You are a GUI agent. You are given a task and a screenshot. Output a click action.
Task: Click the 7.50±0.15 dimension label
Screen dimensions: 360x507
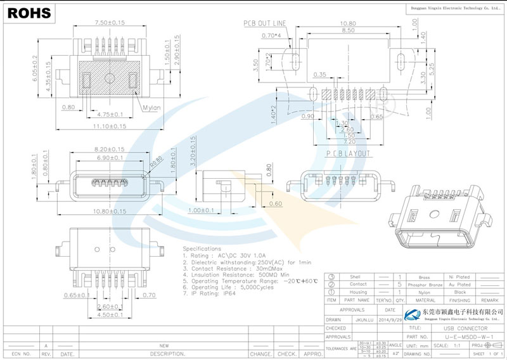[110, 23]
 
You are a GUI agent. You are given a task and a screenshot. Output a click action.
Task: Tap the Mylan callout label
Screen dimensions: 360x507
[151, 107]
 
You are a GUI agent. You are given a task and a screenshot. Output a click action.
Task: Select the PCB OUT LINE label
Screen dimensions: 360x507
[265, 23]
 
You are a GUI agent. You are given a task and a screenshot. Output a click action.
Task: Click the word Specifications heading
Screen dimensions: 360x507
[202, 248]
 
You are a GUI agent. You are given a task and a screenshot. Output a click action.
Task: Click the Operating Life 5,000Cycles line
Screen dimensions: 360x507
[221, 286]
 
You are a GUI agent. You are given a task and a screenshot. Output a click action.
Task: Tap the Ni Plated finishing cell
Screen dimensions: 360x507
[459, 277]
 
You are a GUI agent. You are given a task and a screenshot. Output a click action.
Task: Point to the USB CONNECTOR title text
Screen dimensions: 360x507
[466, 329]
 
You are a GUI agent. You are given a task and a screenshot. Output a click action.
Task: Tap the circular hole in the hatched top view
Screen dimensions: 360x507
[109, 80]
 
